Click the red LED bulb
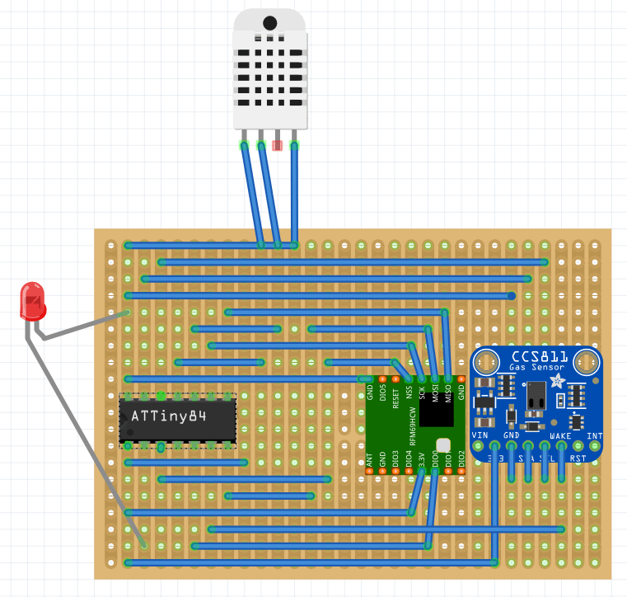coord(33,299)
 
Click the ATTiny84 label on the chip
coord(169,416)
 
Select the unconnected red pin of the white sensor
coord(278,145)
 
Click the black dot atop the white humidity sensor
coord(269,22)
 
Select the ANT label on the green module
coord(370,462)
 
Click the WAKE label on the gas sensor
coord(561,435)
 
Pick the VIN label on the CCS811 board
coord(480,435)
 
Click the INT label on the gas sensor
coord(594,435)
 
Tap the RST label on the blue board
coord(578,456)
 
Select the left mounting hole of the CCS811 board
coord(487,361)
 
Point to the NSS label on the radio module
coord(409,393)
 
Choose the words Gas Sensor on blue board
coord(537,368)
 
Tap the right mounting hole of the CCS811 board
coord(586,361)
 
